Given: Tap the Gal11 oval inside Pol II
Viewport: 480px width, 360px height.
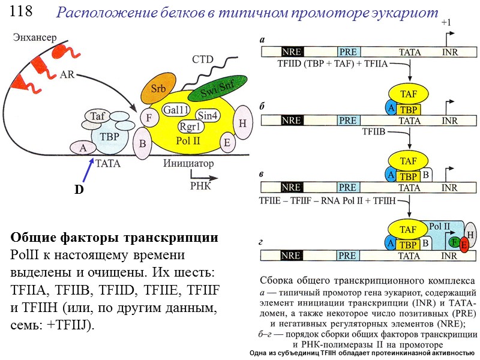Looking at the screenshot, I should point(177,110).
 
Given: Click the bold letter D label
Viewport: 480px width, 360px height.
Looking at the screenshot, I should point(78,190).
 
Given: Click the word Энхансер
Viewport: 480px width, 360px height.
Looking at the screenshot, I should point(35,37).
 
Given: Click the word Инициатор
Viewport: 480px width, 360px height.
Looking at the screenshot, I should point(188,163).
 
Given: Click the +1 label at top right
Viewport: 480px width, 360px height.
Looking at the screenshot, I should point(446,22).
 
